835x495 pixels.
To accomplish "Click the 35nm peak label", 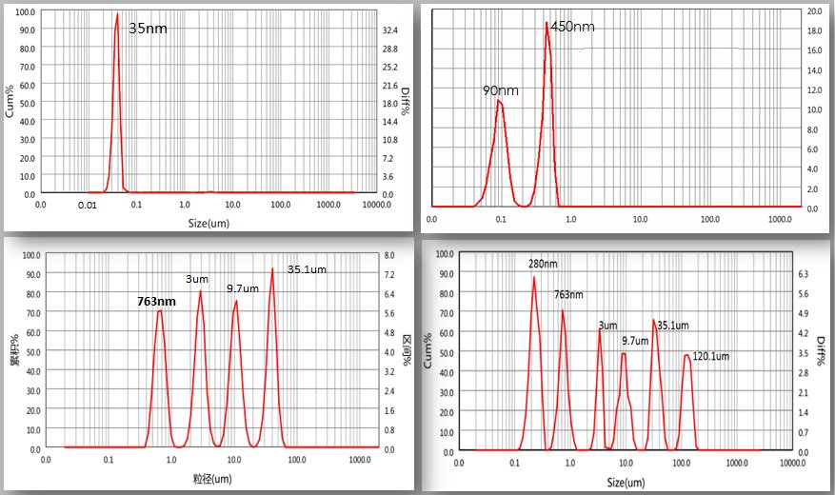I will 148,29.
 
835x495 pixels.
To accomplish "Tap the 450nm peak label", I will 572,27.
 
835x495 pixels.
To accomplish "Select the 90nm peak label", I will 501,90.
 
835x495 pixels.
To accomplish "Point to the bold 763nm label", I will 157,302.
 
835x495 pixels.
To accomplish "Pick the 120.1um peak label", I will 710,357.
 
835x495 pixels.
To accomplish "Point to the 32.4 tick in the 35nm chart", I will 389,31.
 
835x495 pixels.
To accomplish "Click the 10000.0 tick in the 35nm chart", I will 366,205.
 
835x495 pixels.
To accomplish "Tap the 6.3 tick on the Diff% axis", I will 804,274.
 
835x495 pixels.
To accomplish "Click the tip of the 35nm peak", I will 117,13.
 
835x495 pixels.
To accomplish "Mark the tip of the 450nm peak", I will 547,23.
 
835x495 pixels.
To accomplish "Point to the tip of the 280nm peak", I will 534,276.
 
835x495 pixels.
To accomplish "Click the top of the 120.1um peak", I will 686,355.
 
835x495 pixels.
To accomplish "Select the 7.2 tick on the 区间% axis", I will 389,274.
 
